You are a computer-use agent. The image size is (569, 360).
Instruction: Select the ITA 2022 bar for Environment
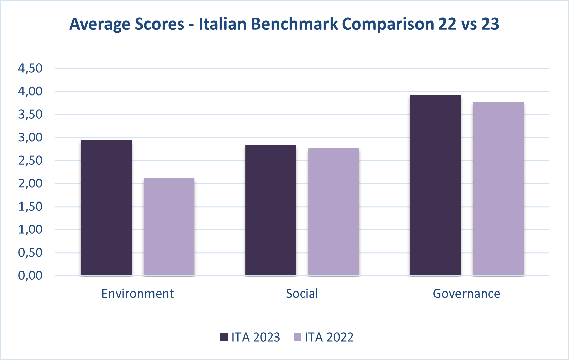pyautogui.click(x=169, y=227)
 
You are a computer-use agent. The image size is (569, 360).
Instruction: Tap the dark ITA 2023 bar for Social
pyautogui.click(x=270, y=210)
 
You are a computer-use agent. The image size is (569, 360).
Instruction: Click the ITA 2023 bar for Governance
pyautogui.click(x=435, y=185)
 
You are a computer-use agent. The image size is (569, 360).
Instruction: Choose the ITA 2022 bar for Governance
pyautogui.click(x=498, y=188)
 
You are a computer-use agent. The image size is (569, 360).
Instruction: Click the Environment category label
pyautogui.click(x=137, y=294)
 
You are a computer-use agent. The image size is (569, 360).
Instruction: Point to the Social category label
pyautogui.click(x=302, y=294)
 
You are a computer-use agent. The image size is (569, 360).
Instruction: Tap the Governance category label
pyautogui.click(x=466, y=294)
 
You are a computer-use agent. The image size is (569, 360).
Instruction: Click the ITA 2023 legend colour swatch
pyautogui.click(x=224, y=337)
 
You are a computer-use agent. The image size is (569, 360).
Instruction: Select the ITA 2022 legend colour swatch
pyautogui.click(x=298, y=337)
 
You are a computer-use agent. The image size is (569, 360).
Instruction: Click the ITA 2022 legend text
pyautogui.click(x=329, y=337)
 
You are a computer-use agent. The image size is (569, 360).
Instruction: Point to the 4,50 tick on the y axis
pyautogui.click(x=30, y=68)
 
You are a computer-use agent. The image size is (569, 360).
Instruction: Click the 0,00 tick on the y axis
pyautogui.click(x=30, y=275)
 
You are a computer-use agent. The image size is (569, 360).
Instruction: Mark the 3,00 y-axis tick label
pyautogui.click(x=30, y=137)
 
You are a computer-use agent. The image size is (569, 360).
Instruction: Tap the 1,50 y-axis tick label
pyautogui.click(x=30, y=207)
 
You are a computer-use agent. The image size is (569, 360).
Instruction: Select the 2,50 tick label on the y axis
pyautogui.click(x=30, y=161)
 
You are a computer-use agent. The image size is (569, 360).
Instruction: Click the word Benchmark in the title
pyautogui.click(x=294, y=24)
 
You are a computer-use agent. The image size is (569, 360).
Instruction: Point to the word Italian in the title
pyautogui.click(x=222, y=24)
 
